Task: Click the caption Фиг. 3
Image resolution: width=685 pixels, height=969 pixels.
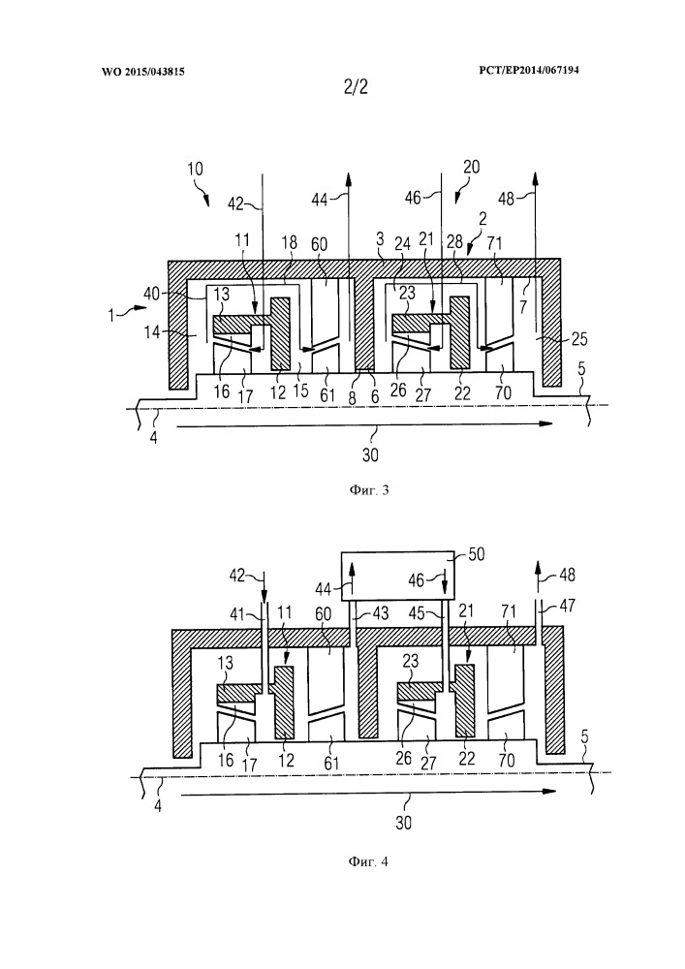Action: (x=367, y=490)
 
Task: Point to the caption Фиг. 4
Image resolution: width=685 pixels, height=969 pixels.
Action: (x=368, y=859)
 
